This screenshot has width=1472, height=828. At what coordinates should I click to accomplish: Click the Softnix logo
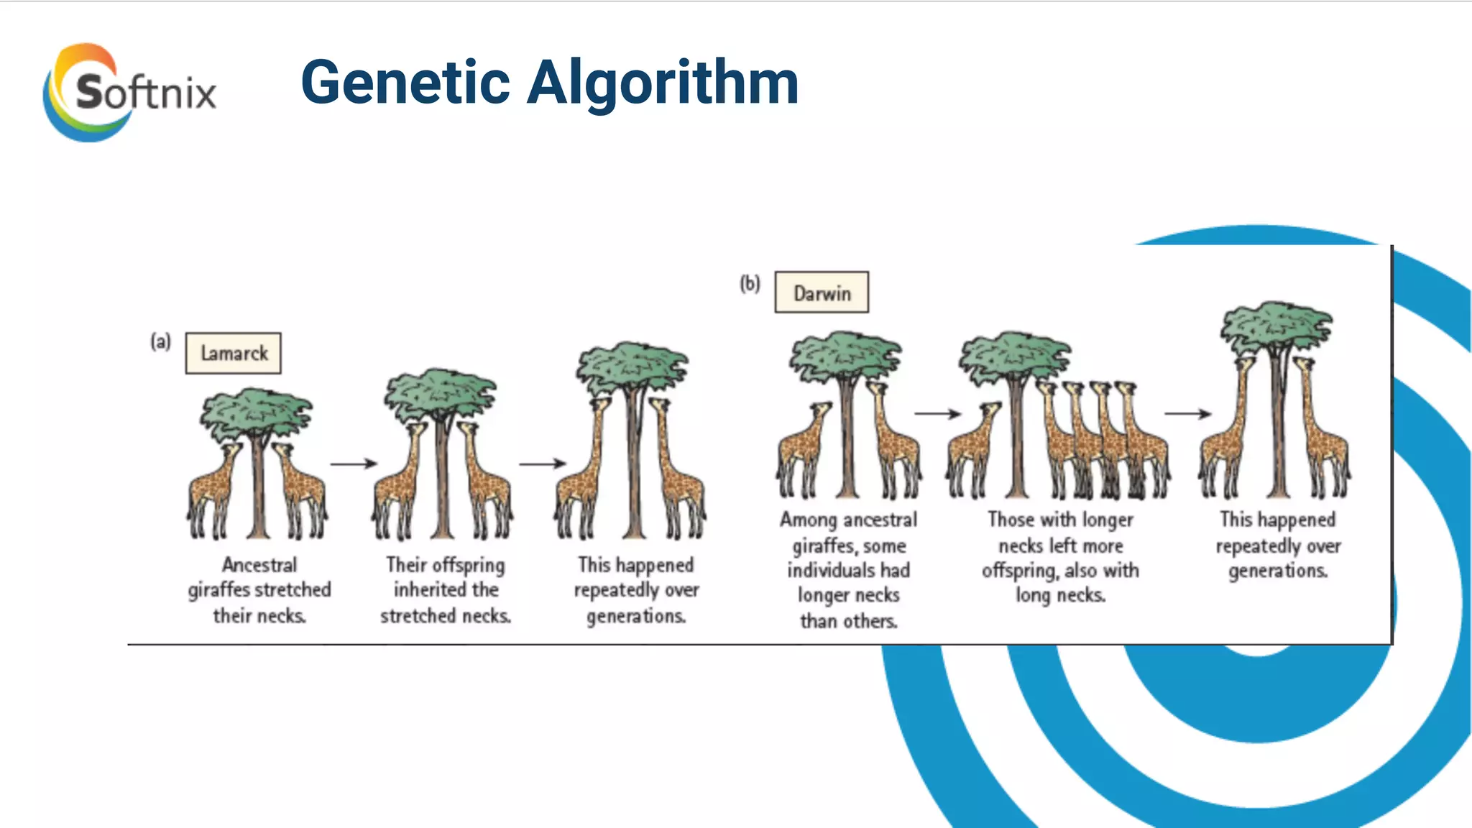click(x=129, y=92)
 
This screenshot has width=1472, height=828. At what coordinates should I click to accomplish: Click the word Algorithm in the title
click(x=663, y=83)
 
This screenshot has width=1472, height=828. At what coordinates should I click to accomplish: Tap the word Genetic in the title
click(x=405, y=83)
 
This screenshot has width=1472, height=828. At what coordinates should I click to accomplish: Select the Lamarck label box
click(x=233, y=353)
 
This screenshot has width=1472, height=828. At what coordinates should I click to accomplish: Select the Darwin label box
click(x=822, y=293)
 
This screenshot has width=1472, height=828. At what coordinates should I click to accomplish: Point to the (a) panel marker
click(x=160, y=341)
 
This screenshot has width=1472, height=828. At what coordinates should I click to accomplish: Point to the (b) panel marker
click(x=750, y=283)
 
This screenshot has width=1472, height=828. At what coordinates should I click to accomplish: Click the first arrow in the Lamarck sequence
click(x=354, y=464)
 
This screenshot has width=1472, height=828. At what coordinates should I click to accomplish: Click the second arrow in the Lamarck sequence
click(x=543, y=464)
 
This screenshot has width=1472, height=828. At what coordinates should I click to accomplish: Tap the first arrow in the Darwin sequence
click(x=937, y=414)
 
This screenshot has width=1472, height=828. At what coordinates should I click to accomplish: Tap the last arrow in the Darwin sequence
click(x=1187, y=413)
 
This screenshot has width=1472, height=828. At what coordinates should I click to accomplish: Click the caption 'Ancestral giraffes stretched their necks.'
click(x=259, y=590)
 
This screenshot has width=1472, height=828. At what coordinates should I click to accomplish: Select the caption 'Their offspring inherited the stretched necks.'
click(x=446, y=590)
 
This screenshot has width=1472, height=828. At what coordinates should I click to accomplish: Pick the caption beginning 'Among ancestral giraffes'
click(x=849, y=570)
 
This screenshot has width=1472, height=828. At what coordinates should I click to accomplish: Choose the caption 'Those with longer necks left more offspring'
click(x=1060, y=557)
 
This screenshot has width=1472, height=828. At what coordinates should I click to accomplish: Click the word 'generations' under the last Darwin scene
click(x=1277, y=571)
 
